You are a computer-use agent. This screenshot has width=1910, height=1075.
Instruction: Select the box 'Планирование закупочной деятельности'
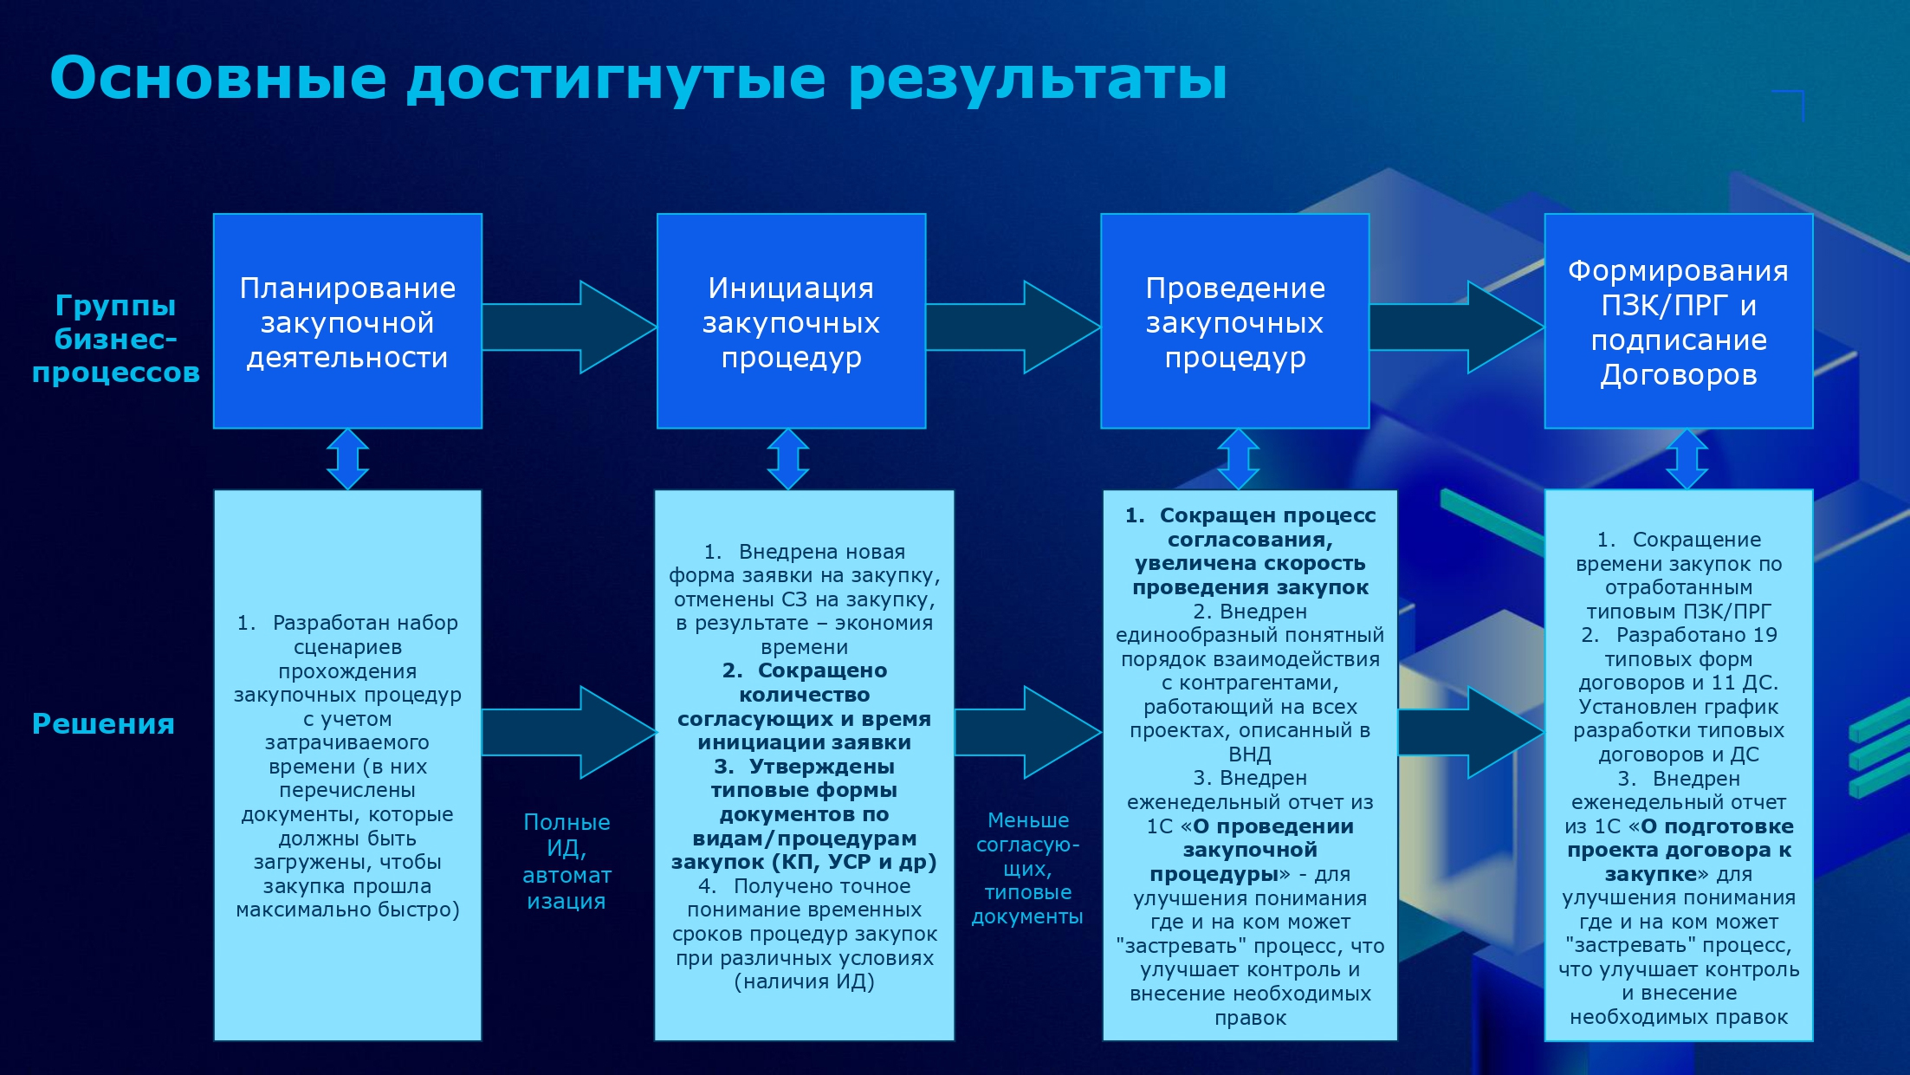tap(347, 321)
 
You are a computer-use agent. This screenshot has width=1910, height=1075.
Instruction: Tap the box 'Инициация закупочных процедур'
tap(791, 321)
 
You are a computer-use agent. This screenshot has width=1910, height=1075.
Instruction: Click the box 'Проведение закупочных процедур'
tap(1234, 321)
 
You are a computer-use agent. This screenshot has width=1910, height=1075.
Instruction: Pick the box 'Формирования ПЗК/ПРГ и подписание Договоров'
tap(1679, 321)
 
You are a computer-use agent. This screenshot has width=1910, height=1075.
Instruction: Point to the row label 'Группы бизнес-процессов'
tap(116, 339)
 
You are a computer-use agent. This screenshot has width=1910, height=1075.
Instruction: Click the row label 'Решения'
tap(103, 723)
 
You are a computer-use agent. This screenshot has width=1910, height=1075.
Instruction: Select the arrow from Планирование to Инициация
tap(569, 327)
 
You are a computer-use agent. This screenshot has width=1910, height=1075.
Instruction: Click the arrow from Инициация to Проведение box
tap(1013, 327)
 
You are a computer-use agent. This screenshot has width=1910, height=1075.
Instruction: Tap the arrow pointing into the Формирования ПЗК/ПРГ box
tap(1457, 327)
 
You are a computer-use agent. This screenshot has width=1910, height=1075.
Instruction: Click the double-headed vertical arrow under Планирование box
tap(347, 459)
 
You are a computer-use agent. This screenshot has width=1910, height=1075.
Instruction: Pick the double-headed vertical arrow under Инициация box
tap(788, 459)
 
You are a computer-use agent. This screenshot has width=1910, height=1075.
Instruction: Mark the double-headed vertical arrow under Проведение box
tap(1239, 459)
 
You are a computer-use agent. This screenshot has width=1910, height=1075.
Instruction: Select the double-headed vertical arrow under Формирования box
tap(1687, 459)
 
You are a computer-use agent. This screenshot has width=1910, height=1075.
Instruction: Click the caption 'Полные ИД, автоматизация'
tap(567, 861)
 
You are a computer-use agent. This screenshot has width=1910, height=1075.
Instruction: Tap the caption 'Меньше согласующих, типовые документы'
tap(1027, 868)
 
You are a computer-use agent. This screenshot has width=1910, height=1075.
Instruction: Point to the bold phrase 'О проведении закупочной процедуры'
tap(1252, 850)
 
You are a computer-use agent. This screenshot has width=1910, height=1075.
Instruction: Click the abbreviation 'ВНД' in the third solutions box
tap(1250, 754)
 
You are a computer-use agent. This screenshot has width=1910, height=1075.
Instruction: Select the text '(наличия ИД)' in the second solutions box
tap(804, 981)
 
